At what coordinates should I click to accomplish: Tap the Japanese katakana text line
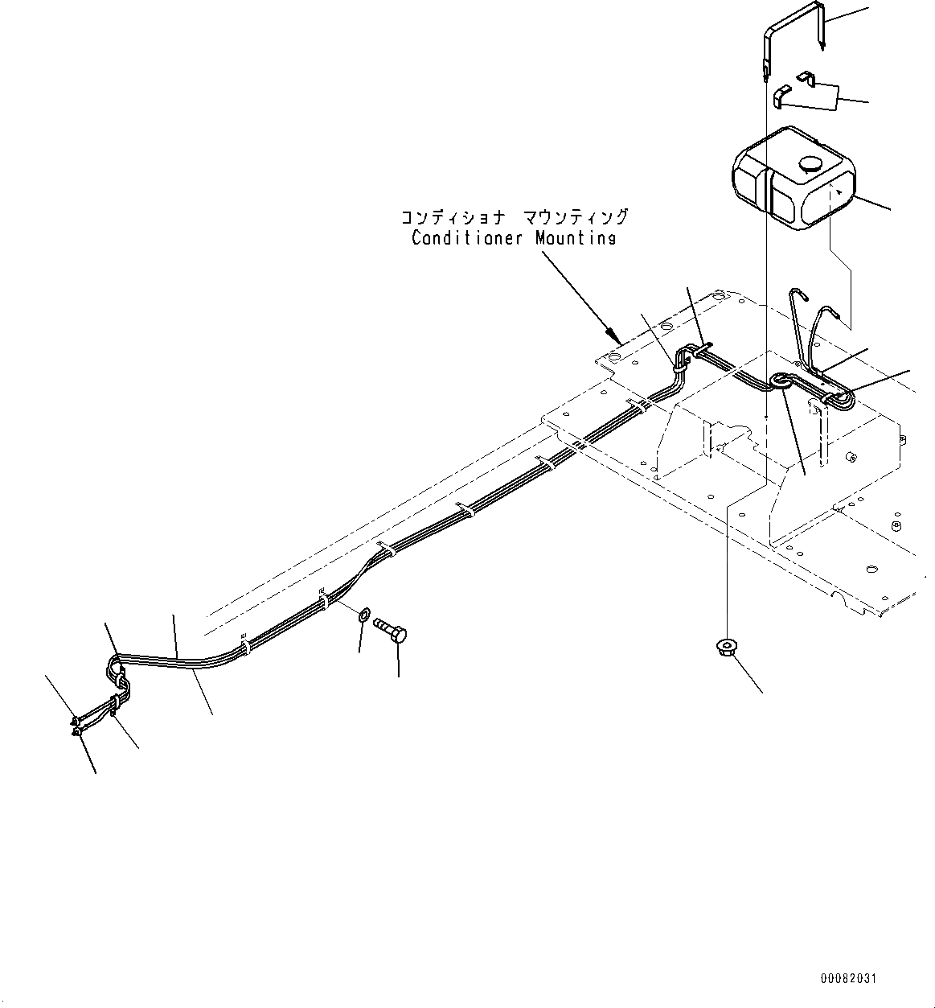[515, 217]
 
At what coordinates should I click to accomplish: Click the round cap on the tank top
[810, 165]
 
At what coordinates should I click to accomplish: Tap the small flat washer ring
[362, 616]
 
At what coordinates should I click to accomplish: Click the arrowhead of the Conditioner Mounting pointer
[611, 332]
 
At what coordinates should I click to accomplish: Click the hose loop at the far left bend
[115, 668]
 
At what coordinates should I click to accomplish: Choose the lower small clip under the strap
[781, 97]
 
